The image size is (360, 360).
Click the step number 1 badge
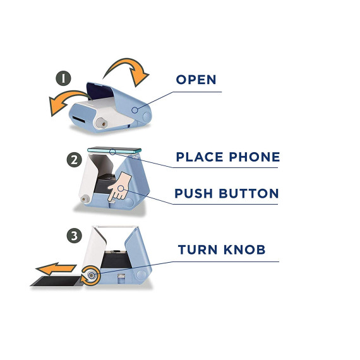click(x=63, y=78)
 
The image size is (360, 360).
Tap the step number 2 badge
click(x=75, y=160)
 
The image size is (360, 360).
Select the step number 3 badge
click(x=75, y=236)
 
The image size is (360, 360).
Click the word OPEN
click(x=196, y=80)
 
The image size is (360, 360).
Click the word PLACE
click(x=200, y=157)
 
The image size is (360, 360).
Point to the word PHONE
click(x=255, y=157)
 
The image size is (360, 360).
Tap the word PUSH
click(x=193, y=193)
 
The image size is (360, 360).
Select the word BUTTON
click(x=249, y=193)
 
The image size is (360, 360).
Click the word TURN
click(x=198, y=249)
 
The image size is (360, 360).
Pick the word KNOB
click(x=244, y=249)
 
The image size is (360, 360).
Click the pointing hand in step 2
click(x=120, y=186)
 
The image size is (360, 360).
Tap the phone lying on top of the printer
click(x=114, y=150)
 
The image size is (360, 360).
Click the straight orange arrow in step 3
click(x=56, y=268)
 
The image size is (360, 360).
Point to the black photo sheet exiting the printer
click(x=57, y=281)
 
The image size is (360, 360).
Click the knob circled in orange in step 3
click(x=91, y=275)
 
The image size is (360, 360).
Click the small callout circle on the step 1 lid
click(x=135, y=110)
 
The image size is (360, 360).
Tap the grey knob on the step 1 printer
click(x=102, y=124)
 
